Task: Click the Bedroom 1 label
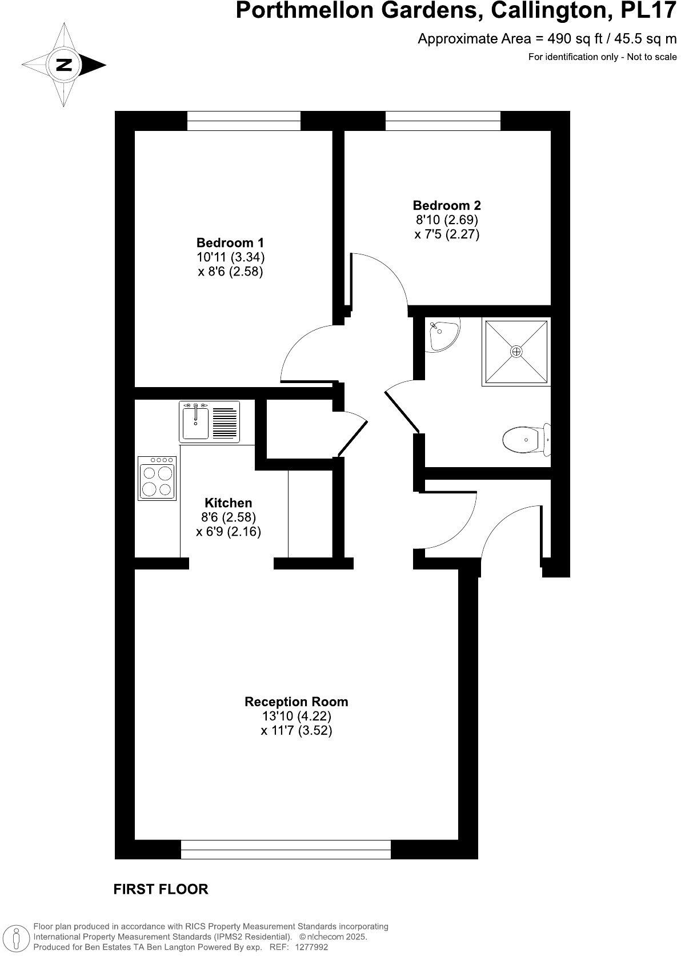(230, 242)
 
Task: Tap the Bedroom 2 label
(447, 205)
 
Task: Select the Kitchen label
(228, 503)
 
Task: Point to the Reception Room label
(296, 702)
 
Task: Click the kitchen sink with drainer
(210, 422)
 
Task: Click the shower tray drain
(516, 352)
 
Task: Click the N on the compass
(65, 65)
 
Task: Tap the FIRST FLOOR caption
(161, 889)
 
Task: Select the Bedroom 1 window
(244, 121)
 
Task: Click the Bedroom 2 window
(443, 121)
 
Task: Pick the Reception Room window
(286, 849)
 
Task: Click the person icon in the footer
(17, 938)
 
